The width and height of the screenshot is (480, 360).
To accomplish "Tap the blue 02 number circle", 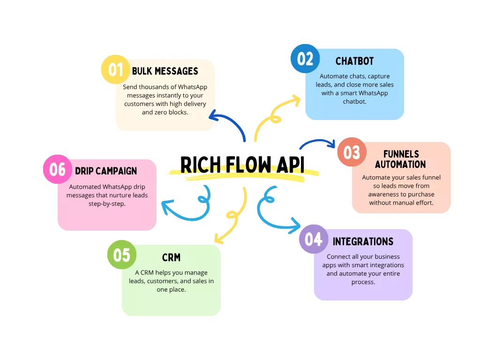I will pos(305,59).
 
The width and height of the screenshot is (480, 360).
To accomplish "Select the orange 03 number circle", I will pos(352,152).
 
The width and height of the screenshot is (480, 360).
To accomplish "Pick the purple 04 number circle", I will pos(314,239).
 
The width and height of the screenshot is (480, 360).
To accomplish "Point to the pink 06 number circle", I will pos(57,169).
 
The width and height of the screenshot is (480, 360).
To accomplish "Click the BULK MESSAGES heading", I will pos(165,71).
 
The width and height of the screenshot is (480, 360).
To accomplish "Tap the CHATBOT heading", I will pos(354,61).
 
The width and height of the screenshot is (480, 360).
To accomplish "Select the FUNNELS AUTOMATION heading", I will pos(400,159).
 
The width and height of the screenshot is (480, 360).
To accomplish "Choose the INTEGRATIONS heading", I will pos(363,242).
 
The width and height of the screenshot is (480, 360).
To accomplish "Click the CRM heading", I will pos(171,257).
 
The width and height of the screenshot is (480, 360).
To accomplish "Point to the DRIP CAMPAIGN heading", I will pos(106,171).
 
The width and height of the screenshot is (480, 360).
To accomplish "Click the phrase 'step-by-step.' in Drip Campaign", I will pos(107,203).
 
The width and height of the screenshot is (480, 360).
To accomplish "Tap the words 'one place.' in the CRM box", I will pos(171,290).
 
